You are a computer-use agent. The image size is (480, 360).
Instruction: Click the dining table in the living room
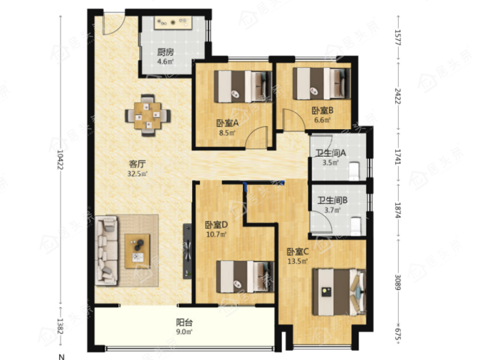click(x=148, y=115)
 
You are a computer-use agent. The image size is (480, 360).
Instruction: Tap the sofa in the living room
click(x=106, y=251)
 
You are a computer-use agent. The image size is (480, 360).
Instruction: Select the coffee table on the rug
click(x=137, y=251)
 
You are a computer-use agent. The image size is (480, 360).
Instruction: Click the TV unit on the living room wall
click(x=188, y=251)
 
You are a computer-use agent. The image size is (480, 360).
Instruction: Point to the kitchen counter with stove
click(x=173, y=23)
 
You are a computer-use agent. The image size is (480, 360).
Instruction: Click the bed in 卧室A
click(x=243, y=86)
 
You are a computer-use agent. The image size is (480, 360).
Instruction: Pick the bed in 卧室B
click(x=321, y=83)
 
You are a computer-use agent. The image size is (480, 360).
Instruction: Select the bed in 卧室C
click(x=339, y=292)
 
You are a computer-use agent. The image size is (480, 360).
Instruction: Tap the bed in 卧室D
click(x=245, y=277)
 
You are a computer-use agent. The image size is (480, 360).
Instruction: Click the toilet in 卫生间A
click(x=354, y=171)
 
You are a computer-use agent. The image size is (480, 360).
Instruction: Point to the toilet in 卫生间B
click(x=355, y=226)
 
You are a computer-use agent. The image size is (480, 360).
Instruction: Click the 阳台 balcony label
click(x=184, y=323)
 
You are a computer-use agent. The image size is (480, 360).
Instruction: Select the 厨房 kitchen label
click(x=165, y=52)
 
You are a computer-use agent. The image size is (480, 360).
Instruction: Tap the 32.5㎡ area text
click(x=138, y=174)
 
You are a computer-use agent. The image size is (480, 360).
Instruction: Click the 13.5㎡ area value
click(x=297, y=261)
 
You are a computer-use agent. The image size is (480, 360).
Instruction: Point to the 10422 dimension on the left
click(x=60, y=160)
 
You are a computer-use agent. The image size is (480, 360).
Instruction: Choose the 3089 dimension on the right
click(x=397, y=282)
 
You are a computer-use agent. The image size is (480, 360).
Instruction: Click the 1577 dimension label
click(x=397, y=37)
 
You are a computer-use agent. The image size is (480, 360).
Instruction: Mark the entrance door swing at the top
click(x=114, y=23)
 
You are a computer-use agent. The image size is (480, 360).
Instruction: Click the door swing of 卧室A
click(x=257, y=138)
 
